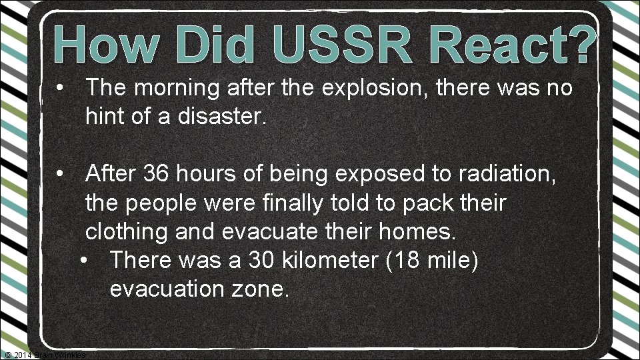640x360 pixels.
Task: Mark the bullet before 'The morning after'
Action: [x=60, y=87]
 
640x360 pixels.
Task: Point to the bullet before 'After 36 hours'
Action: [x=60, y=175]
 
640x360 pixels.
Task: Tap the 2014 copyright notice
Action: [x=44, y=354]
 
